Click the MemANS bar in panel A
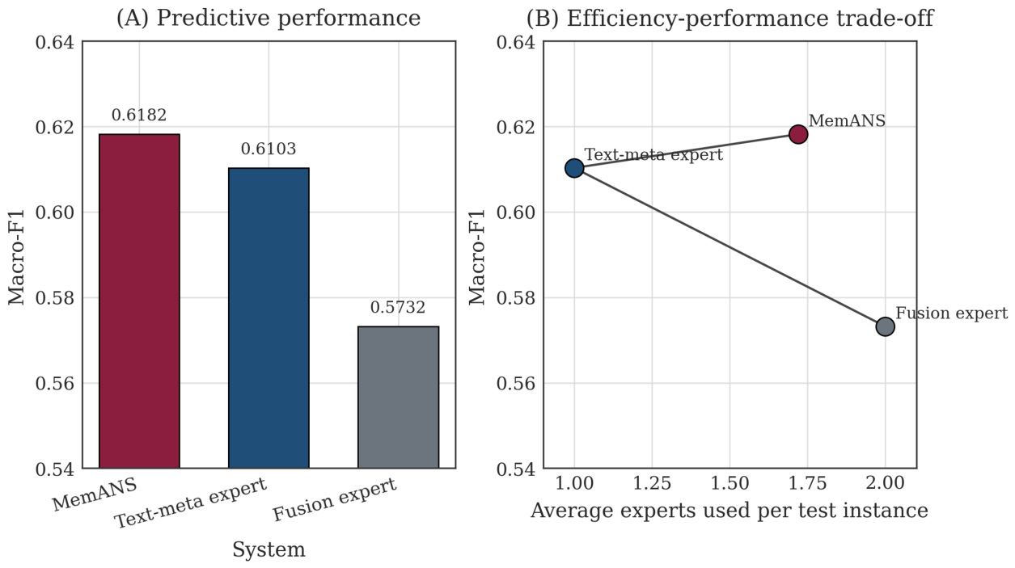coord(139,301)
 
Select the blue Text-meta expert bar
coord(269,318)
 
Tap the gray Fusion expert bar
coord(398,397)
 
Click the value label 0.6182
coord(139,115)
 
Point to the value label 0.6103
coord(269,149)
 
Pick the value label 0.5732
coord(398,307)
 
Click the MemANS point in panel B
coord(798,134)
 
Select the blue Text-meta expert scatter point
coord(574,168)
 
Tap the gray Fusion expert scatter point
coord(885,326)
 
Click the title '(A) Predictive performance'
coord(269,18)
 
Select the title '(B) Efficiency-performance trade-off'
coord(730,18)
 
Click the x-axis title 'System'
coord(269,549)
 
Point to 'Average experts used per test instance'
coord(730,511)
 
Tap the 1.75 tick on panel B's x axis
coord(807,483)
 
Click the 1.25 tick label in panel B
coord(652,483)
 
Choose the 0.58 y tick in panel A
coord(54,298)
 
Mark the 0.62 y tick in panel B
coord(516,127)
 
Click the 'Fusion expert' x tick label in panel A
coord(335,499)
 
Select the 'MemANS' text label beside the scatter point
coord(847,121)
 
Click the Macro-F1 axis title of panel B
coord(477,257)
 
